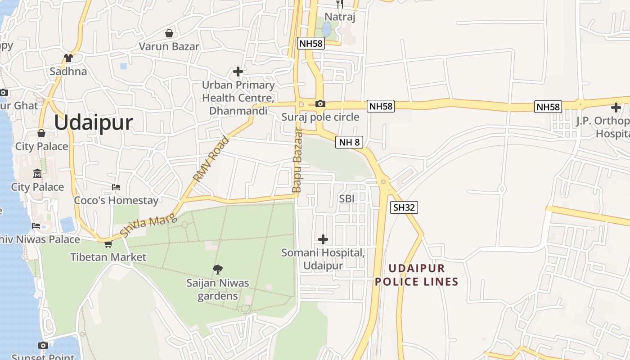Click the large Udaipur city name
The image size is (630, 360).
(x=94, y=123)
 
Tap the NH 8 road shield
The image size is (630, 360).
(x=349, y=143)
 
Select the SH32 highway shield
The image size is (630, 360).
(x=404, y=207)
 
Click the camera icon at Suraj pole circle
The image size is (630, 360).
(x=320, y=104)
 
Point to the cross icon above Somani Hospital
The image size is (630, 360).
(x=323, y=239)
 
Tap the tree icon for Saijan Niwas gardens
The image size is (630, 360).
(x=218, y=270)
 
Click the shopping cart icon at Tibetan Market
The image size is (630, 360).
(x=108, y=244)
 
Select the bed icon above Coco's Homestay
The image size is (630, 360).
(x=116, y=187)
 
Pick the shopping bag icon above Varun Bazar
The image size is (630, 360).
(x=169, y=33)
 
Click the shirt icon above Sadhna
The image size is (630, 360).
(x=68, y=58)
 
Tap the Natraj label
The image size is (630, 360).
(x=340, y=17)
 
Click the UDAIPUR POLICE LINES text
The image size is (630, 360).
(x=417, y=275)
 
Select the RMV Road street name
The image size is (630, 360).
(x=211, y=159)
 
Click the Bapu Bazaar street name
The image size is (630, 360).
(x=297, y=161)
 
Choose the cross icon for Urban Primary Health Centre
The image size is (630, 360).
(x=238, y=72)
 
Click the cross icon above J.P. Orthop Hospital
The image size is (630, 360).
(x=616, y=108)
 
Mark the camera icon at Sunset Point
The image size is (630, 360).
(x=43, y=345)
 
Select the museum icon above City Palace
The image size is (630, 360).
(x=37, y=173)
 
